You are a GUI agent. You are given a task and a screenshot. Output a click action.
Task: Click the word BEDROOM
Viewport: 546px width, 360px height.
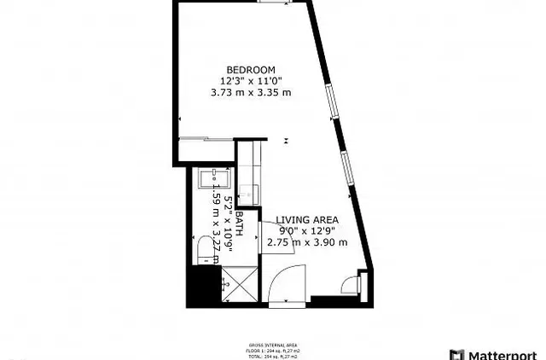tap(250, 69)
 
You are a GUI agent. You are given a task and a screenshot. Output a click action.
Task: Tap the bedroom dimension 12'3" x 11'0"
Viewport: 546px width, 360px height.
tap(250, 81)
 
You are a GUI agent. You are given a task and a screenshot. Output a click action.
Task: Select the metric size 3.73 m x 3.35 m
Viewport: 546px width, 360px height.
tap(250, 93)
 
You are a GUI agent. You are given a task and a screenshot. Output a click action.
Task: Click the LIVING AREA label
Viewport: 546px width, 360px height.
tap(306, 219)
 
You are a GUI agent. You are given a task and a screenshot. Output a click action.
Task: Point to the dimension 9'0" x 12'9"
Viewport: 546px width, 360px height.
tap(306, 230)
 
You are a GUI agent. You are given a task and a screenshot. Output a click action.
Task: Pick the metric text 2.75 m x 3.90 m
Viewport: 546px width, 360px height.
tap(306, 242)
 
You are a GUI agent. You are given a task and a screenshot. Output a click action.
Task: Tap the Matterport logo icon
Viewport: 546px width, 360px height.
tap(456, 353)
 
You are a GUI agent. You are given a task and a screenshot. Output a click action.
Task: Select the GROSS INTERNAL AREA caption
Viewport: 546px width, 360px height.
tap(268, 334)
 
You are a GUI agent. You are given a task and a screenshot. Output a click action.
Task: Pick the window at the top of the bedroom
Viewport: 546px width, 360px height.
tap(273, 3)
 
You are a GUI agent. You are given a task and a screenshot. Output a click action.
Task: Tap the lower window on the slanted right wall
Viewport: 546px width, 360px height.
tap(346, 167)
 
